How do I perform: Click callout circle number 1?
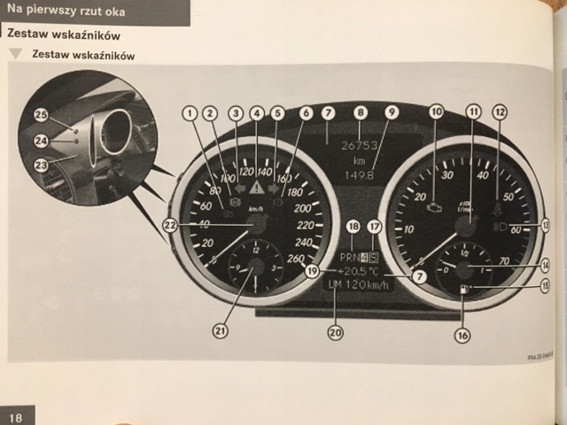189,112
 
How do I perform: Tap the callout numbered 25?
41,114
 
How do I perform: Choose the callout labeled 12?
501,112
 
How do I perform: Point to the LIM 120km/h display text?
359,286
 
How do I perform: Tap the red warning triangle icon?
257,188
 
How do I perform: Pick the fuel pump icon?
464,290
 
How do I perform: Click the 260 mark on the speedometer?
296,259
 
